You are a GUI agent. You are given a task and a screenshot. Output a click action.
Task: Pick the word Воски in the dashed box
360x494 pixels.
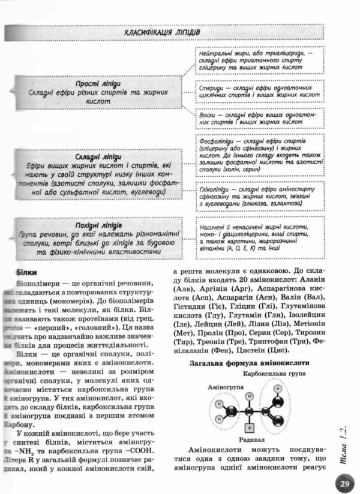pos(206,114)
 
